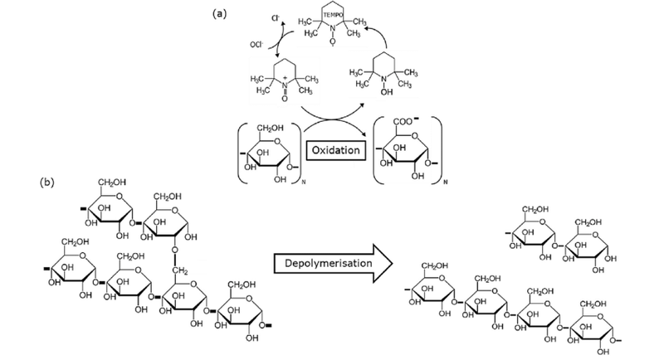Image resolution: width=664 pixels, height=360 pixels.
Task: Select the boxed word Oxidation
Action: (336, 150)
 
